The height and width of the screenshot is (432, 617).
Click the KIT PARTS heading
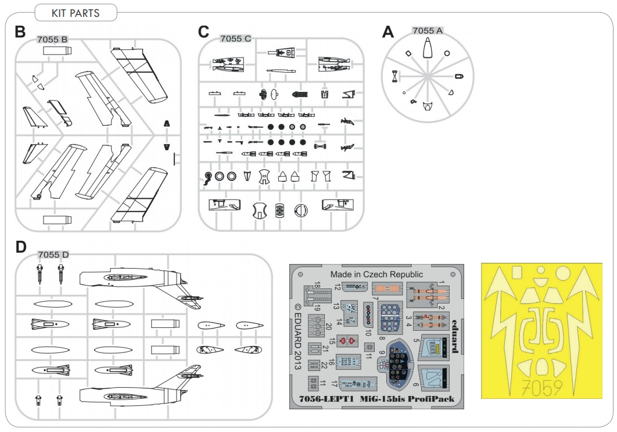(76, 13)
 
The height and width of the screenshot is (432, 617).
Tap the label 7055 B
(52, 40)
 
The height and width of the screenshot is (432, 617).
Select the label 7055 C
(235, 39)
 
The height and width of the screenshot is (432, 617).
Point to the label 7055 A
(428, 30)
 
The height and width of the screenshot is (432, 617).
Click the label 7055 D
(53, 255)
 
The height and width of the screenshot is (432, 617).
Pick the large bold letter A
(388, 33)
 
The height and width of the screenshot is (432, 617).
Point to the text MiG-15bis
(383, 399)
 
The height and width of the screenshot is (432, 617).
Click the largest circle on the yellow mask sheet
(562, 272)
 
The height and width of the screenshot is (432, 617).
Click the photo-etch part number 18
(317, 285)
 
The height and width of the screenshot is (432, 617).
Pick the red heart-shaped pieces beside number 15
(346, 340)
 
